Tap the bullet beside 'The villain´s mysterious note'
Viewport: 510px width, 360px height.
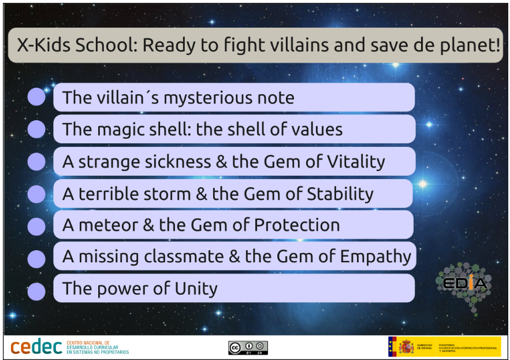[36, 97]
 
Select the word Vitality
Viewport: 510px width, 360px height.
[353, 162]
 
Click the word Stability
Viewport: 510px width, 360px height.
[341, 194]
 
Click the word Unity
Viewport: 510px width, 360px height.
[193, 288]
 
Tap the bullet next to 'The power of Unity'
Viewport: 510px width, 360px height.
[36, 291]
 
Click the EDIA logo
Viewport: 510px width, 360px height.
[464, 284]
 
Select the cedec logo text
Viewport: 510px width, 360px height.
[36, 347]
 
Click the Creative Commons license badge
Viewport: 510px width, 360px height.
[248, 347]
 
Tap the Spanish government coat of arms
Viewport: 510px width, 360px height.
[406, 347]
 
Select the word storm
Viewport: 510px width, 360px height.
[167, 194]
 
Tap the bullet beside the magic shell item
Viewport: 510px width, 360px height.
[36, 129]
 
